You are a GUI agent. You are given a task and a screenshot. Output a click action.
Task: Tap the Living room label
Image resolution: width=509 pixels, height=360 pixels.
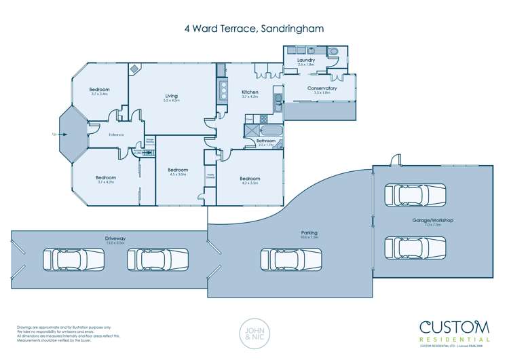pyautogui.click(x=171, y=96)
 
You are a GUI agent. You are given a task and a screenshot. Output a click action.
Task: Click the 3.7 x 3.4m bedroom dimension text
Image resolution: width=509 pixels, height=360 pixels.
pyautogui.click(x=99, y=95)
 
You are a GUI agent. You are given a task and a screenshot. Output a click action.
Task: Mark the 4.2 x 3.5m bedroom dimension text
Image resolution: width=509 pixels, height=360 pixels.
pyautogui.click(x=250, y=182)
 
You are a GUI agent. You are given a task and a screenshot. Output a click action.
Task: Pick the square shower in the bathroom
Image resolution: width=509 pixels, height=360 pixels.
pyautogui.click(x=250, y=130)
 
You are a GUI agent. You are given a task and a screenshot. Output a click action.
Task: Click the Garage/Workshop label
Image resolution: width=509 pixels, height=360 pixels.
pyautogui.click(x=432, y=221)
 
